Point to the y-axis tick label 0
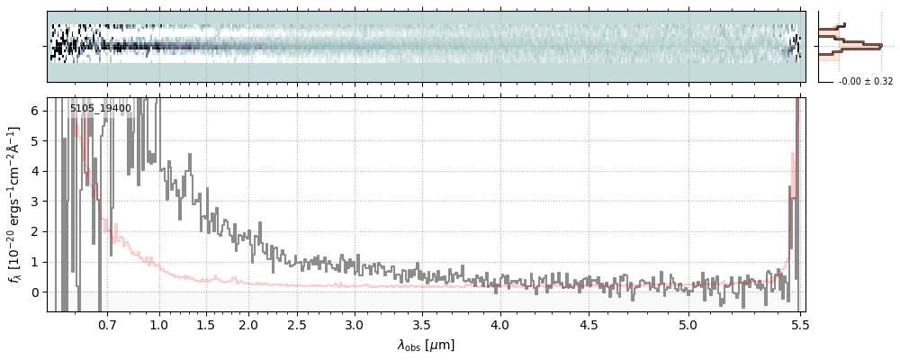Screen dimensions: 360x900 point(35,292)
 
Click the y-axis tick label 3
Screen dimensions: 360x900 point(35,202)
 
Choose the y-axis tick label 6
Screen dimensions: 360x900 point(35,111)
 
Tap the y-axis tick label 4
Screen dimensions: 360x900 point(35,171)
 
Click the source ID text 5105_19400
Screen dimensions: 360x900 point(101,109)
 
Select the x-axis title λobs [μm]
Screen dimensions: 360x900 point(426,345)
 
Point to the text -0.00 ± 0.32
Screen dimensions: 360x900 point(865,82)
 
